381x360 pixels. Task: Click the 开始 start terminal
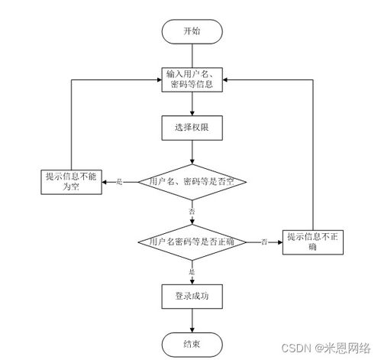tap(192, 31)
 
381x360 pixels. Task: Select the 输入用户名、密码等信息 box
tap(192, 79)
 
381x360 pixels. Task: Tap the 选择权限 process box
tap(192, 128)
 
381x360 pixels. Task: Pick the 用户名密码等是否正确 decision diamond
tap(192, 242)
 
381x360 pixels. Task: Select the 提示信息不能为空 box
tap(72, 181)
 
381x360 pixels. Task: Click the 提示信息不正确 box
tap(314, 241)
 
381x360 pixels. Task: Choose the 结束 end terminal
tap(192, 342)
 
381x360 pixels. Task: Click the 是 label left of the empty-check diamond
tap(119, 181)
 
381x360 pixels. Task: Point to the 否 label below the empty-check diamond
tap(191, 210)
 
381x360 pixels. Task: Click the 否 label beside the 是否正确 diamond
tap(263, 242)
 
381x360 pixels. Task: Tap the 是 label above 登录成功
tap(192, 271)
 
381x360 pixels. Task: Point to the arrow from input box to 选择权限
tap(192, 104)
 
